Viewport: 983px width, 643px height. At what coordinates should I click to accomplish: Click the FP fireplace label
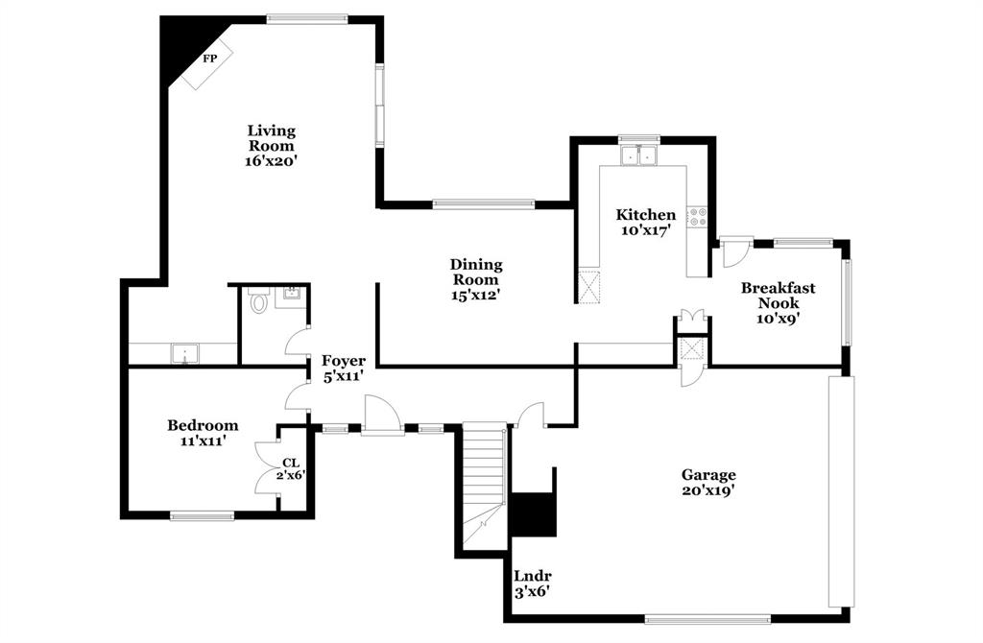pyautogui.click(x=209, y=59)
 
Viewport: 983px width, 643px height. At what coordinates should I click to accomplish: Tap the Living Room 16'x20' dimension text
pyautogui.click(x=271, y=162)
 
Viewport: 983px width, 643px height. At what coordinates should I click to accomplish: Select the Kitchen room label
pyautogui.click(x=645, y=215)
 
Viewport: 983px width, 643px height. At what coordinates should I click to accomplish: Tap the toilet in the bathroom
pyautogui.click(x=257, y=303)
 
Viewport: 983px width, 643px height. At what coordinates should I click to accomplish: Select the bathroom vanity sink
pyautogui.click(x=288, y=297)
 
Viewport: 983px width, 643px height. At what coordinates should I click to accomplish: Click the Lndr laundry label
pyautogui.click(x=531, y=577)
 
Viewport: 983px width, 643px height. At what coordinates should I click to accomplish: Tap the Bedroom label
pyautogui.click(x=203, y=425)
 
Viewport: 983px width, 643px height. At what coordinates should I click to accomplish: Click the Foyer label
pyautogui.click(x=343, y=361)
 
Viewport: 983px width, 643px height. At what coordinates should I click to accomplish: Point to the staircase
pyautogui.click(x=483, y=485)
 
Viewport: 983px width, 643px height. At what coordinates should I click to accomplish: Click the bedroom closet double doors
pyautogui.click(x=266, y=466)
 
